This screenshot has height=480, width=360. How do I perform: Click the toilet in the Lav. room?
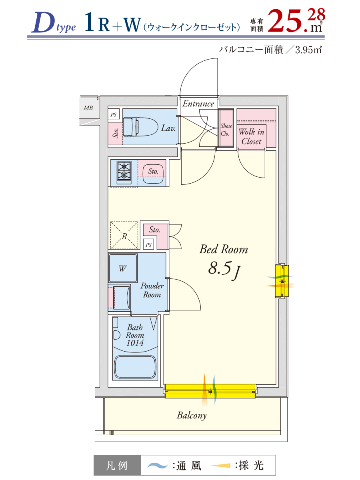[140, 127]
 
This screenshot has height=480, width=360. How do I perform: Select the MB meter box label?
[88, 108]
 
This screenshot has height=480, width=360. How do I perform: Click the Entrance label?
[198, 104]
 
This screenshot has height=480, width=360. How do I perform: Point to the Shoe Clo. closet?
[226, 128]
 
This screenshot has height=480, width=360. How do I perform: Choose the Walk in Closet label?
[251, 137]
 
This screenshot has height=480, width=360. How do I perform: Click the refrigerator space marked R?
[124, 235]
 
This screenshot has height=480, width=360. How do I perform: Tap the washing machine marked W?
[123, 268]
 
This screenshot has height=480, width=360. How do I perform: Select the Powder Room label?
[152, 290]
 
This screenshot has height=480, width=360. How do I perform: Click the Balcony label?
[192, 416]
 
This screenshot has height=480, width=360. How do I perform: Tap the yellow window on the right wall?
[282, 281]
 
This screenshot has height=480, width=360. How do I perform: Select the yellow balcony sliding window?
[210, 391]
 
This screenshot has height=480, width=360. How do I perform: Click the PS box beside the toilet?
[114, 114]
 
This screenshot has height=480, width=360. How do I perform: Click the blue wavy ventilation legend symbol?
[158, 465]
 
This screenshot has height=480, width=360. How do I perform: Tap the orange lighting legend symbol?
[220, 465]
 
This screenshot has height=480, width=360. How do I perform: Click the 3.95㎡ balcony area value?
[308, 50]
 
